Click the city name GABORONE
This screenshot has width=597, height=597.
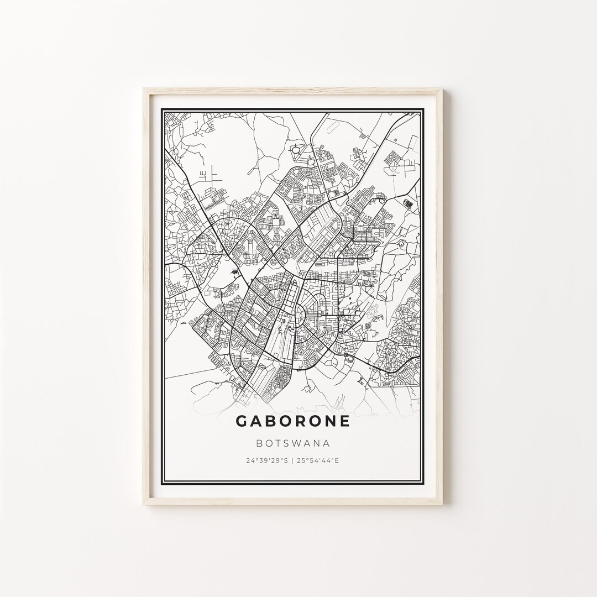[x=293, y=421]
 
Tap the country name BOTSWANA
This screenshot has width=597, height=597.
[x=293, y=443]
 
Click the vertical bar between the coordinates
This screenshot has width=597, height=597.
[x=293, y=460]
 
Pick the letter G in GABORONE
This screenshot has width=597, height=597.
[x=242, y=421]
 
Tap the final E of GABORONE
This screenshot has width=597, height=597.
[x=344, y=421]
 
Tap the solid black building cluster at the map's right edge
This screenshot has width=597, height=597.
[x=409, y=203]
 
